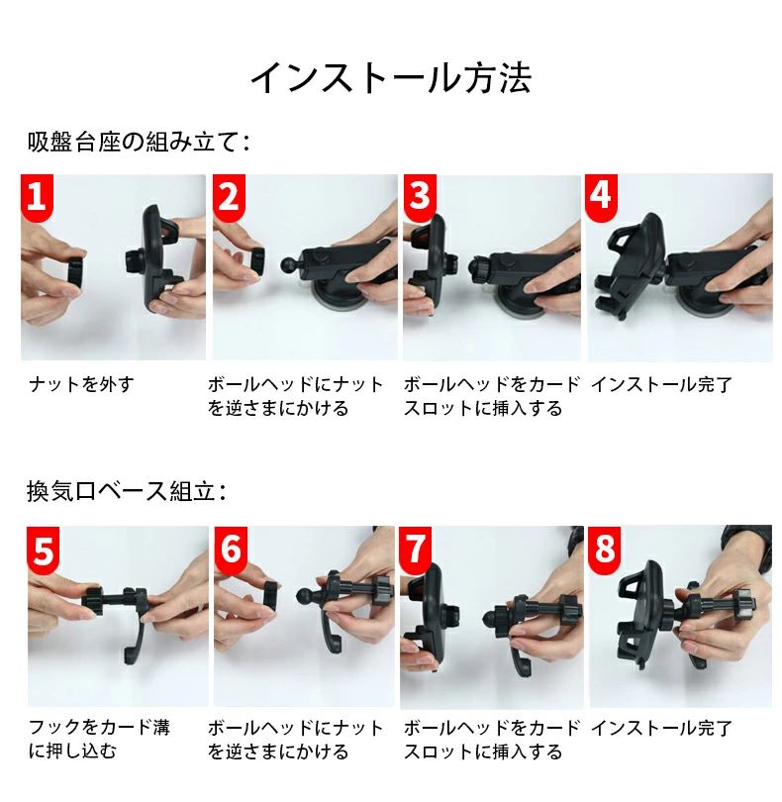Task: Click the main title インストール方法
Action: pos(391,78)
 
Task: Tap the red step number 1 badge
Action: pos(37,197)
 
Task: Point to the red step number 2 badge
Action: pos(229,197)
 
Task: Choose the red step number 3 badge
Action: pos(420,197)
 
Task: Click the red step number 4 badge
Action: pos(602,197)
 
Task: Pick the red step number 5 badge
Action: pos(43,550)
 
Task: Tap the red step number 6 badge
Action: pos(231,550)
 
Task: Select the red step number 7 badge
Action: pos(415,550)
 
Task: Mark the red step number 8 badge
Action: pos(605,550)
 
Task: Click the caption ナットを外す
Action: pos(82,384)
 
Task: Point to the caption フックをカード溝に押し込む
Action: pos(99,739)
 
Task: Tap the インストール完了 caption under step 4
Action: pos(662,384)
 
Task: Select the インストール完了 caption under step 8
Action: pos(662,728)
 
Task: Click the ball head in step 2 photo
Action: pos(289,264)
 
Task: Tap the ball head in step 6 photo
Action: pos(304,596)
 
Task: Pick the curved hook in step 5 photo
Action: pos(135,637)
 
